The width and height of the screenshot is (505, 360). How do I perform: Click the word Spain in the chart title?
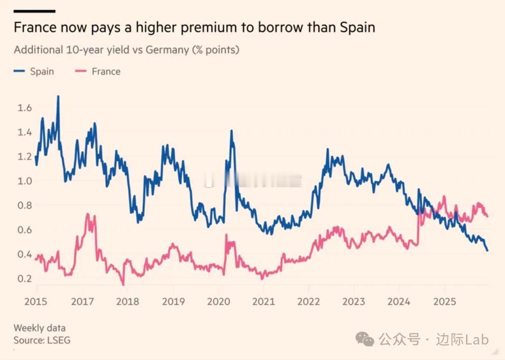[x=357, y=27]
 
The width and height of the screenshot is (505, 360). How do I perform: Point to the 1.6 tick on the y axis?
[x=25, y=108]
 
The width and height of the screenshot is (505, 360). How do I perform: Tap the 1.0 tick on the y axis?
[x=25, y=181]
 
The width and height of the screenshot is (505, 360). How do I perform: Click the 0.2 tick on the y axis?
[x=25, y=279]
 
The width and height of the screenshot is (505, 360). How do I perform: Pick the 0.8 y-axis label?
[x=25, y=205]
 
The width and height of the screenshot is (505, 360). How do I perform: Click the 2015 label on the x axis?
[x=36, y=302]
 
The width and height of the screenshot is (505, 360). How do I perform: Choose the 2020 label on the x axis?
[x=219, y=302]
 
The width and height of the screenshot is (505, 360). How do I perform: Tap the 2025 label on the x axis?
[x=445, y=302]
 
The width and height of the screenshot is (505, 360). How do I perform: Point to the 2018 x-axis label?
[x=128, y=302]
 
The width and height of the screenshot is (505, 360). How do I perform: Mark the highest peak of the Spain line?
[x=58, y=96]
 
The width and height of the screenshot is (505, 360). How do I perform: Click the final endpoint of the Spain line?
[x=488, y=251]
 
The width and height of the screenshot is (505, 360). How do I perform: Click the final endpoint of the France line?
[x=488, y=216]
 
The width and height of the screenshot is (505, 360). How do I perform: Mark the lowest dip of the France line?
[x=123, y=284]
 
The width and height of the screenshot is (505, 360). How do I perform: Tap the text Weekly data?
[x=40, y=328]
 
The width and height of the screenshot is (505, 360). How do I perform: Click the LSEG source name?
[x=58, y=340]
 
